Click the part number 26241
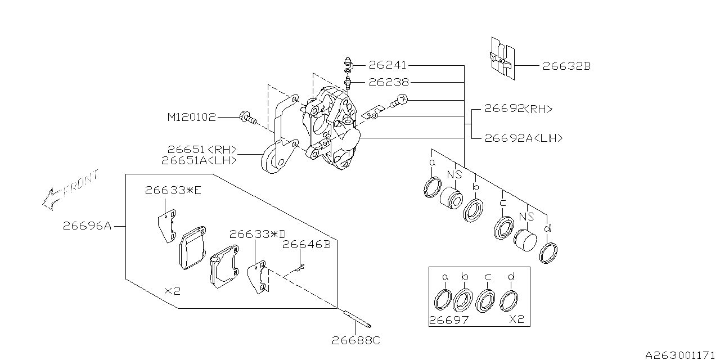click(388, 65)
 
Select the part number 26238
click(389, 83)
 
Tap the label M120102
click(192, 118)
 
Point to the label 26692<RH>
click(519, 109)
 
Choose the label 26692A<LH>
click(524, 138)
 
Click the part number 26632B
click(566, 66)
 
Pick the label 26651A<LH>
click(199, 160)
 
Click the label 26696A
click(87, 226)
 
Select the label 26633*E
click(173, 191)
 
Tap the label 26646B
click(307, 245)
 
